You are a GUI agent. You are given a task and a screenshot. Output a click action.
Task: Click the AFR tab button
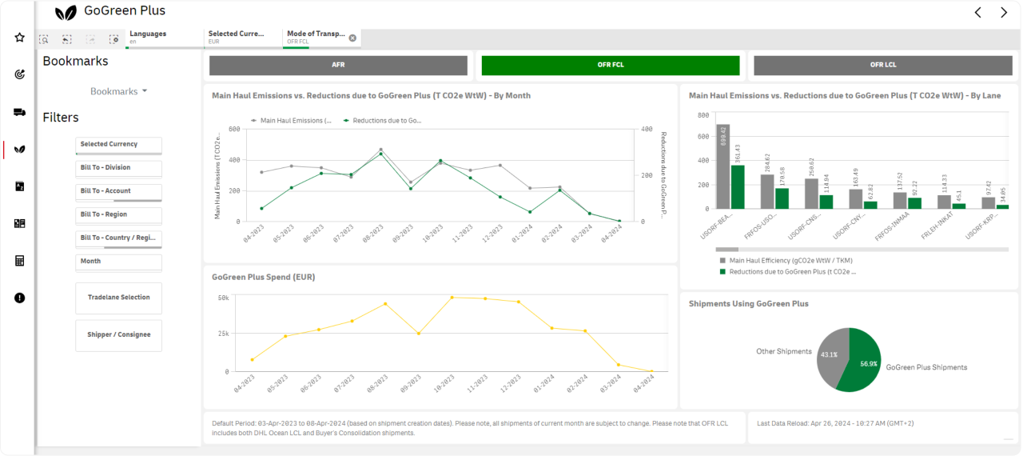pos(338,65)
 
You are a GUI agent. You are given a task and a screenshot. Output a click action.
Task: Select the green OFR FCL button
pos(611,65)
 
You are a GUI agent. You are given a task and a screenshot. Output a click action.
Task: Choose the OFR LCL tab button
pos(882,65)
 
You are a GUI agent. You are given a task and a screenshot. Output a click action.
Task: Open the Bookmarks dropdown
pos(118,91)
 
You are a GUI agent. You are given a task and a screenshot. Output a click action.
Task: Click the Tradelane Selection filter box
pos(118,298)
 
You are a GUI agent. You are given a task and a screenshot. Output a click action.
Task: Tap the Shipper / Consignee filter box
pos(118,335)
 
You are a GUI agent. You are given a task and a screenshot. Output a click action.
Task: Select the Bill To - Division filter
pos(118,168)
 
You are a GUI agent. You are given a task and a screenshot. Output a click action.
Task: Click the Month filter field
pos(118,262)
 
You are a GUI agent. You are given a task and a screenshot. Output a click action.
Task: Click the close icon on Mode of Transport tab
pos(352,38)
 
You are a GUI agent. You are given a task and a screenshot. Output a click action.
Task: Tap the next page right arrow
pos(1004,12)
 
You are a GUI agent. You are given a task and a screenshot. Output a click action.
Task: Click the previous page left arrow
pos(977,12)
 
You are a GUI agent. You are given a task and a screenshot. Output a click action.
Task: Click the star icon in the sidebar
pos(19,38)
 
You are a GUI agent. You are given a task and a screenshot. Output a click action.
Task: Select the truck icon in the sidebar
pos(19,113)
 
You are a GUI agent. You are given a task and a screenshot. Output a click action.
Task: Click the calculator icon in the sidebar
pos(19,261)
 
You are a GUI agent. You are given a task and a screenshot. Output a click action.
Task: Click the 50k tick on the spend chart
pos(224,298)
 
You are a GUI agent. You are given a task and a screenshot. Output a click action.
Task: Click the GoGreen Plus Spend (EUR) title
pos(263,277)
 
